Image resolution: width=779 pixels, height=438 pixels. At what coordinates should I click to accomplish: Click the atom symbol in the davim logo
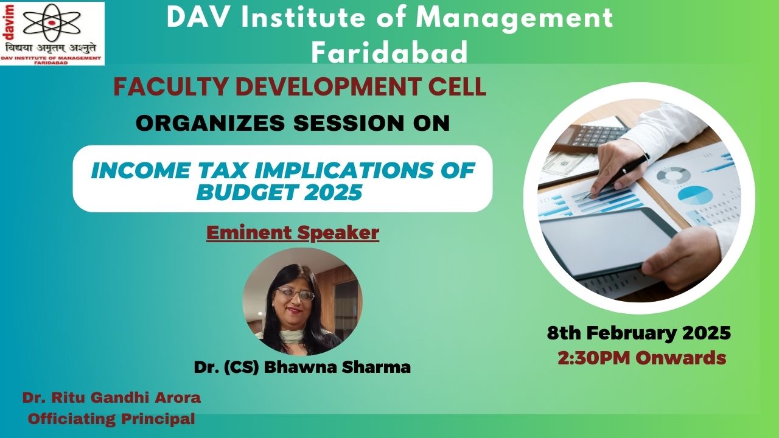(x=52, y=23)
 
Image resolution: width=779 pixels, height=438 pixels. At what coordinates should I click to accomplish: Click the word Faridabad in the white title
(x=389, y=52)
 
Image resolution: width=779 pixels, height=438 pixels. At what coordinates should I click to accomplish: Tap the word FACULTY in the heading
(x=171, y=86)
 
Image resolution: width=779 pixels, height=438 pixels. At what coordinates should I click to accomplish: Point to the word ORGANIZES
(x=211, y=123)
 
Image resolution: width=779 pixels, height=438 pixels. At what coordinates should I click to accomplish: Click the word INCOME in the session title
(x=141, y=170)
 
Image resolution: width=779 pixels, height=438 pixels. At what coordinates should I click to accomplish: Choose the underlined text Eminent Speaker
(x=293, y=233)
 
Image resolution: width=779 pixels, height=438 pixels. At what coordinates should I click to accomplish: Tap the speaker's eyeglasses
(x=296, y=295)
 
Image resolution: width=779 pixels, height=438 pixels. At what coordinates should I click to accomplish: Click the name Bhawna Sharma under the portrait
(x=337, y=367)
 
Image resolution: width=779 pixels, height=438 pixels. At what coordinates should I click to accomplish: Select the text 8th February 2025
(x=639, y=333)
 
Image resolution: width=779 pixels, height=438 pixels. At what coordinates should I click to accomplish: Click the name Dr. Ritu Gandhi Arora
(x=111, y=398)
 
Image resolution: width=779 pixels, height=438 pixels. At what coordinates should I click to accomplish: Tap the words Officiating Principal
(x=111, y=419)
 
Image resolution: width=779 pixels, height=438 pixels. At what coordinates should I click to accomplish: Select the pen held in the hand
(x=617, y=176)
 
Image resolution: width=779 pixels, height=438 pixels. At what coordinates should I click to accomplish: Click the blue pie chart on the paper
(x=696, y=195)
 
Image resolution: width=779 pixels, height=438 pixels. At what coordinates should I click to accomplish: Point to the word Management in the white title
(x=515, y=18)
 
